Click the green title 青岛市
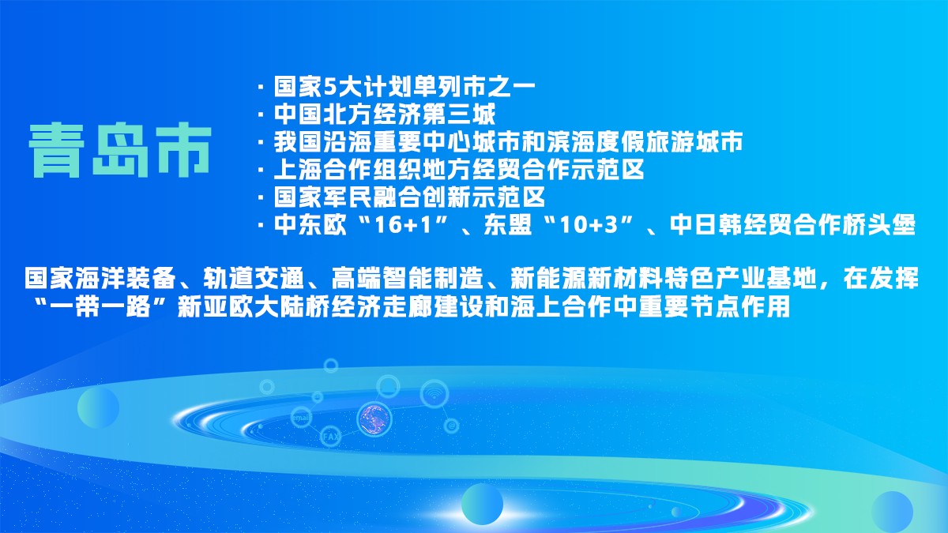pyautogui.click(x=120, y=150)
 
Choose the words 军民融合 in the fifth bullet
pyautogui.click(x=371, y=197)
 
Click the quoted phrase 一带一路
pyautogui.click(x=101, y=306)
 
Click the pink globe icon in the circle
pyautogui.click(x=374, y=419)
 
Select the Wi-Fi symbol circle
pyautogui.click(x=434, y=394)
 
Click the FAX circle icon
pyautogui.click(x=330, y=436)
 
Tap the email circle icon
pyautogui.click(x=301, y=417)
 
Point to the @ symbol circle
pyautogui.click(x=452, y=425)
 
